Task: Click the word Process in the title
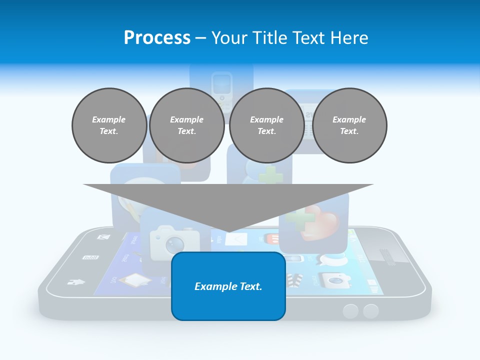tap(157, 38)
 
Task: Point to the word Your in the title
tap(229, 38)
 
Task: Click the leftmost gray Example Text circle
tap(109, 125)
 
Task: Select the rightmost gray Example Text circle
tap(349, 125)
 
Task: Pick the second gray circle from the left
tap(186, 125)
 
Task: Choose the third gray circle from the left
tap(266, 125)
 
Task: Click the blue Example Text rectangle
tap(228, 286)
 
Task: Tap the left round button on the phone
tap(351, 311)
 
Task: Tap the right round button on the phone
tap(371, 311)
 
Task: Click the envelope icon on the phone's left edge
tap(103, 237)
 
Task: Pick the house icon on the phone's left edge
tap(75, 282)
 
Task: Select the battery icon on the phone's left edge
tap(90, 257)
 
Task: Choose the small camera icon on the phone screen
tap(333, 279)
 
